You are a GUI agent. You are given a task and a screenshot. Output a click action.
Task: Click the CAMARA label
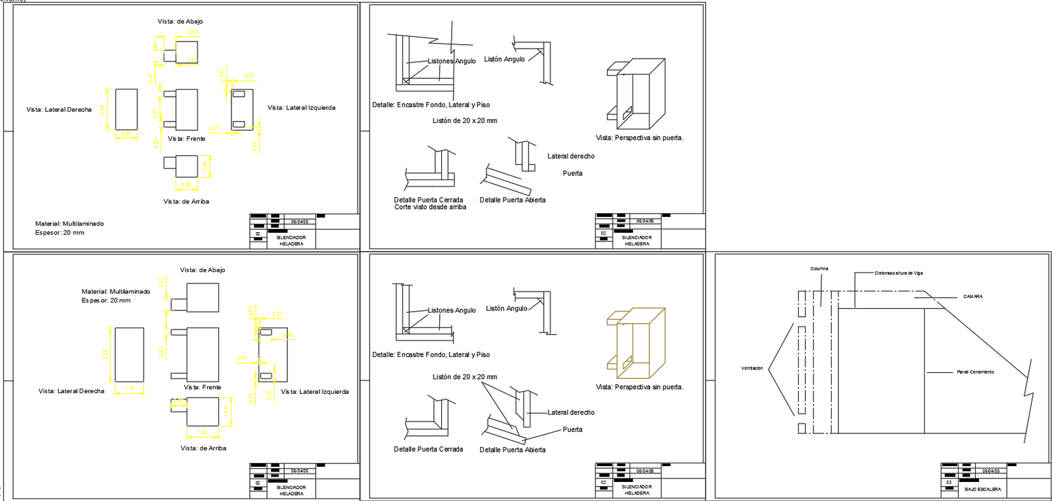pyautogui.click(x=972, y=297)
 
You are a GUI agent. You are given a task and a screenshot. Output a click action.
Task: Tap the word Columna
pyautogui.click(x=819, y=269)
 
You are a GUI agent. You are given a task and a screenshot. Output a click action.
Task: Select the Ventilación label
pyautogui.click(x=752, y=368)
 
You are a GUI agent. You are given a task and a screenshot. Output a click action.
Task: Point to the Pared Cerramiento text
pyautogui.click(x=975, y=372)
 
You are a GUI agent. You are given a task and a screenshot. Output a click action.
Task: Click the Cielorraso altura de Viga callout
pyautogui.click(x=898, y=273)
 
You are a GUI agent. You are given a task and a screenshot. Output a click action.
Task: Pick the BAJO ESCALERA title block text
pyautogui.click(x=982, y=489)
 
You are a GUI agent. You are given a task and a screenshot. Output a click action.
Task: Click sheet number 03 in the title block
pyautogui.click(x=949, y=483)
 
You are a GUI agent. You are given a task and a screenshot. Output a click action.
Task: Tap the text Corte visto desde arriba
pyautogui.click(x=430, y=207)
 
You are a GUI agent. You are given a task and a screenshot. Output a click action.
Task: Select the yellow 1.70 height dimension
pyautogui.click(x=103, y=109)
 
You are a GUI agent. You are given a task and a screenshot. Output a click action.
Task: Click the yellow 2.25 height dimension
pyautogui.click(x=105, y=354)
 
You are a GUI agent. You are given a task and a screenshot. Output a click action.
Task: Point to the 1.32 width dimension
pyautogui.click(x=202, y=432)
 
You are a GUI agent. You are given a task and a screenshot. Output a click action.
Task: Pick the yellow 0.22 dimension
pyautogui.click(x=269, y=394)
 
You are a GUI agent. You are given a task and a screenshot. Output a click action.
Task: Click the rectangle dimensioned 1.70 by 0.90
pyautogui.click(x=126, y=109)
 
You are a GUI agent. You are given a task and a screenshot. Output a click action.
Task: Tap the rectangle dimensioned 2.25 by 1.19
pyautogui.click(x=129, y=354)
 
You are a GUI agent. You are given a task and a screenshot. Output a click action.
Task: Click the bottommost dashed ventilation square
pyautogui.click(x=801, y=429)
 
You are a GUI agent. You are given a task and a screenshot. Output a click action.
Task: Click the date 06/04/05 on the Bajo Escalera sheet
pyautogui.click(x=991, y=471)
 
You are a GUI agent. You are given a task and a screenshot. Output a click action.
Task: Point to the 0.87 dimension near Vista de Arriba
pyautogui.click(x=206, y=167)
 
